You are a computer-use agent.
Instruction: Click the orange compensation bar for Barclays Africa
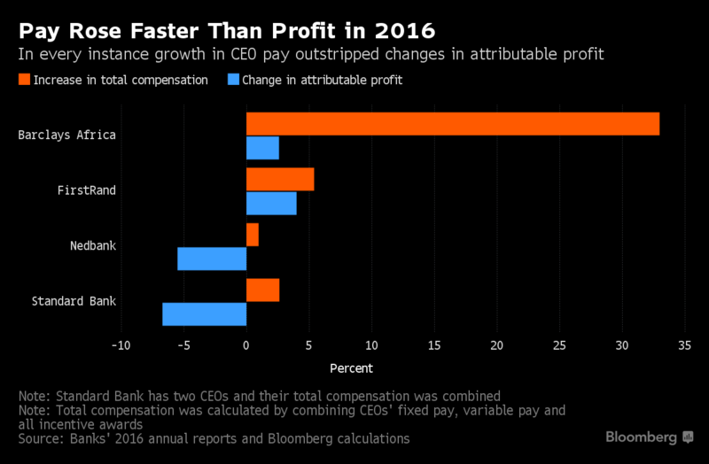pyautogui.click(x=452, y=124)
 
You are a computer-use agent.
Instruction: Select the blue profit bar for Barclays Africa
pyautogui.click(x=262, y=148)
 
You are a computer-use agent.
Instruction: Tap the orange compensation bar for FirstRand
pyautogui.click(x=280, y=179)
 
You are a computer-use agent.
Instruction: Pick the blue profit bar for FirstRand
pyautogui.click(x=271, y=203)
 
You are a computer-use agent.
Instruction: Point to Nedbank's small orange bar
pyautogui.click(x=253, y=235)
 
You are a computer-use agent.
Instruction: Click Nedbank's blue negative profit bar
pyautogui.click(x=212, y=259)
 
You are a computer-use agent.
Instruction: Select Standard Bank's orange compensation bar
pyautogui.click(x=262, y=290)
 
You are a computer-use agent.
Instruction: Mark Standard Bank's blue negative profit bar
pyautogui.click(x=204, y=313)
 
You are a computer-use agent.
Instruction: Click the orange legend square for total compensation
pyautogui.click(x=23, y=81)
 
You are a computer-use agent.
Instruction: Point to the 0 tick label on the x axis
pyautogui.click(x=246, y=345)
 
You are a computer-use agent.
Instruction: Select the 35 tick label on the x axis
pyautogui.click(x=684, y=345)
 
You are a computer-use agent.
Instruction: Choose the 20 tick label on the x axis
pyautogui.click(x=496, y=345)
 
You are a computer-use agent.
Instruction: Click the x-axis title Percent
pyautogui.click(x=351, y=368)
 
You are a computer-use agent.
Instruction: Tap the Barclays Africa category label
pyautogui.click(x=67, y=135)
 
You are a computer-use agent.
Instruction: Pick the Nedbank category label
pyautogui.click(x=93, y=246)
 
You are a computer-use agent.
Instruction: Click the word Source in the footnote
pyautogui.click(x=40, y=438)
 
